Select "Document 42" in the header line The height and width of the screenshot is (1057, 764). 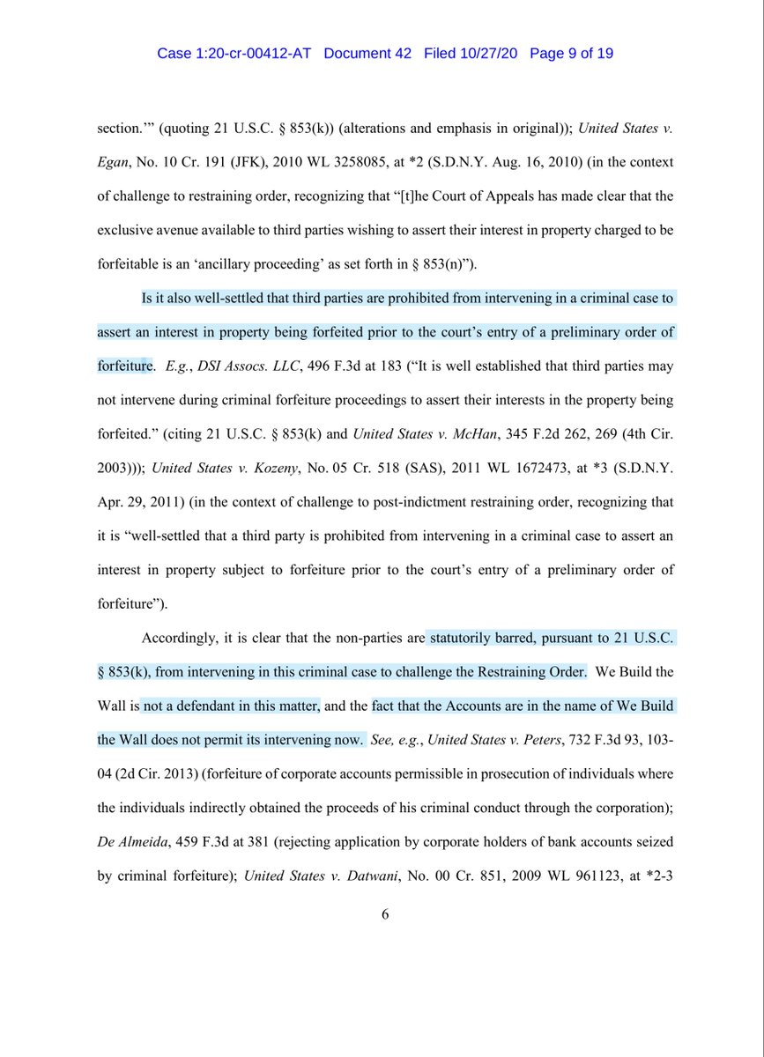[x=367, y=54]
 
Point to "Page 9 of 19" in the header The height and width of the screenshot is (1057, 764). [x=571, y=54]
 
